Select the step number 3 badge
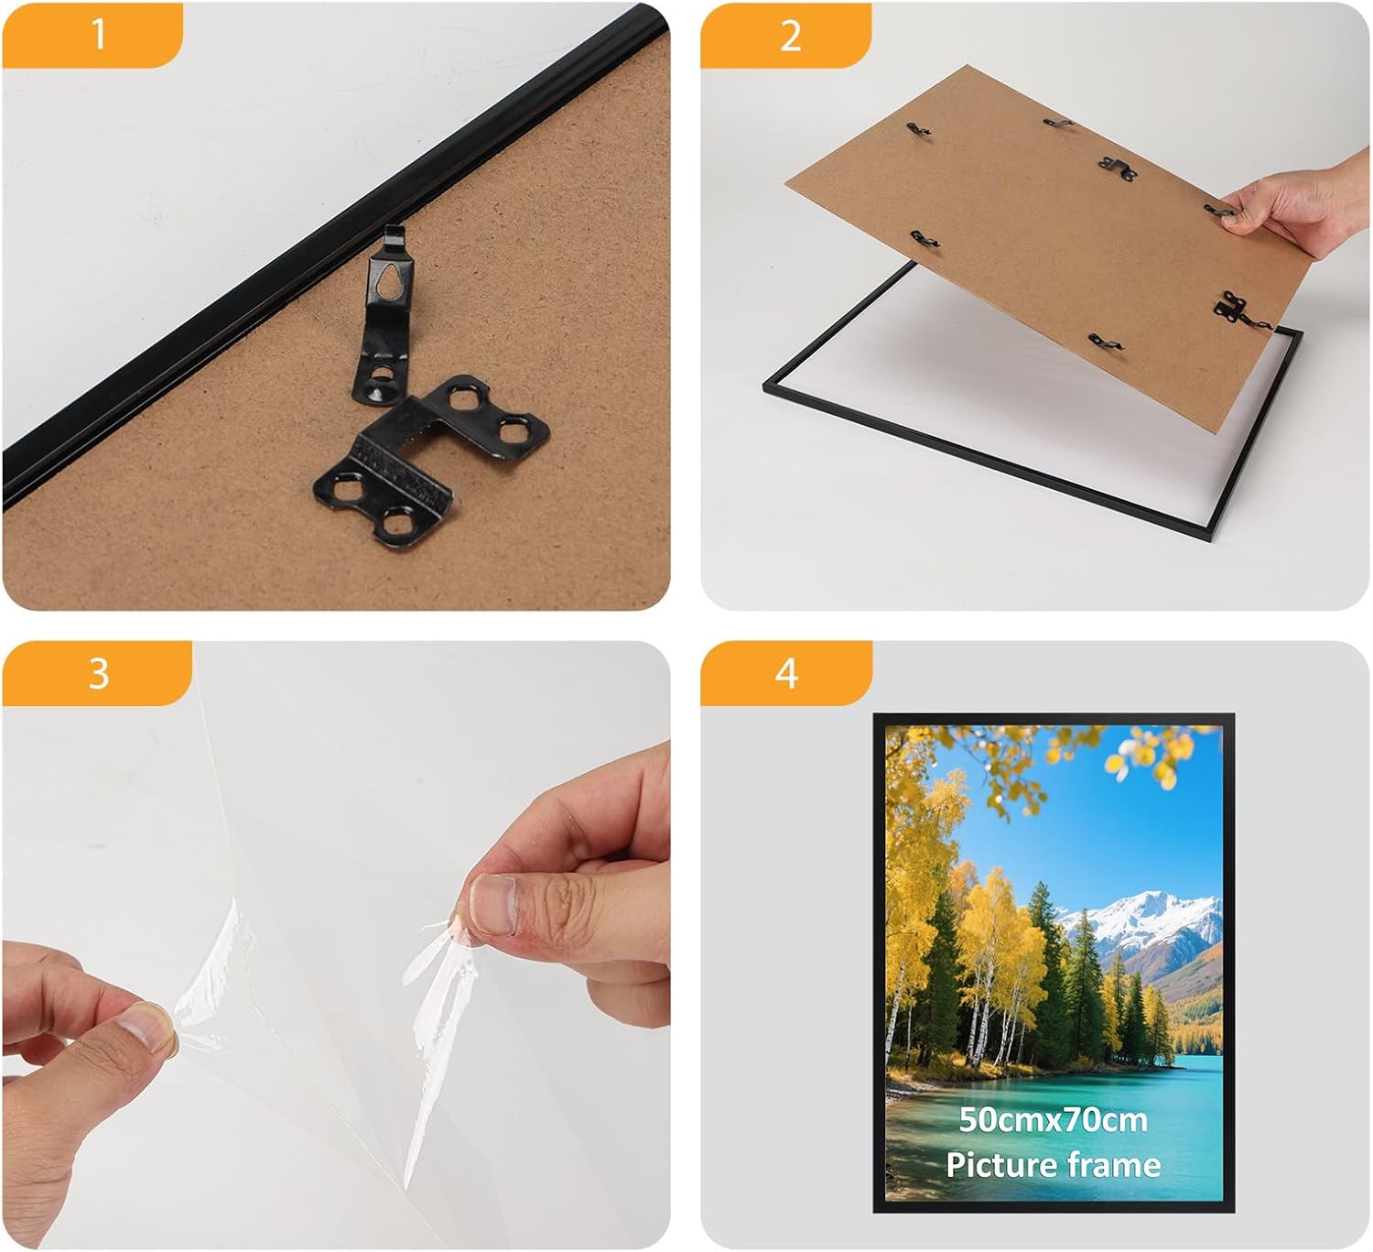click(97, 673)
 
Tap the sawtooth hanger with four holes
click(431, 463)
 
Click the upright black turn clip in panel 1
click(384, 315)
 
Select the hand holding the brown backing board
click(1297, 202)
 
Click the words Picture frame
click(1053, 1165)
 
